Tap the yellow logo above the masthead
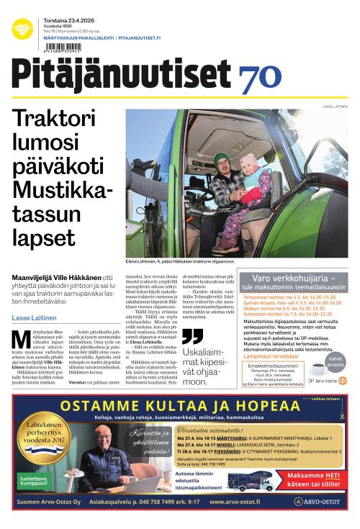(22, 30)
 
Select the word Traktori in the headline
(57, 119)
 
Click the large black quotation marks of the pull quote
(192, 335)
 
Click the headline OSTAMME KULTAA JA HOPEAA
(180, 407)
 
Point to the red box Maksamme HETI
(312, 479)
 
